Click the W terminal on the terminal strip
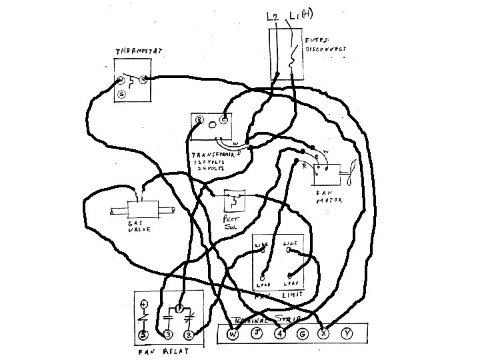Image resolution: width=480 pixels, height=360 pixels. click(232, 333)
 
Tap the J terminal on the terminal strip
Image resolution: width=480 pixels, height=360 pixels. click(257, 333)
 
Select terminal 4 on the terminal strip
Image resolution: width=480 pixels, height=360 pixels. click(280, 333)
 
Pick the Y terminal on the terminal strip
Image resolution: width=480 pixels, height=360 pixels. click(347, 333)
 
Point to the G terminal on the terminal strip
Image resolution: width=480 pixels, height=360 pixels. click(303, 333)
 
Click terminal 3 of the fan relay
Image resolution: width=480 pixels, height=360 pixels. click(168, 333)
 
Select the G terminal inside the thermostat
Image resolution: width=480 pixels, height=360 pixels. click(121, 95)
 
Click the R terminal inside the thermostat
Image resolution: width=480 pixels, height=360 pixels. click(143, 80)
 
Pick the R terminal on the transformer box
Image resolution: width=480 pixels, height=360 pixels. click(200, 121)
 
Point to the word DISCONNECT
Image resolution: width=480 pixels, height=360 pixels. click(326, 49)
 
